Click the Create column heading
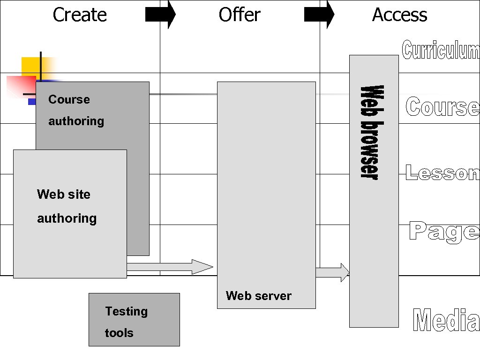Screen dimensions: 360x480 point(80,15)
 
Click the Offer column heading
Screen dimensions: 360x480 point(239,15)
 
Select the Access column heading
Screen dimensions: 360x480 point(399,15)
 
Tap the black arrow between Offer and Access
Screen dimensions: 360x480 point(319,15)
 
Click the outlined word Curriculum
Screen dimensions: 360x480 point(441,50)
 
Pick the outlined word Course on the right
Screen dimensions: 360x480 point(442,107)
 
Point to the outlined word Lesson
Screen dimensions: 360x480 point(442,173)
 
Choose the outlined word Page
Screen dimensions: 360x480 point(444,232)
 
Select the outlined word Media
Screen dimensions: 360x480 point(446,321)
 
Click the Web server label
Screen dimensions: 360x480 point(258,296)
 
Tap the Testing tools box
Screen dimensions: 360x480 point(134,320)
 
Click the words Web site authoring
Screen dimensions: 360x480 point(66,206)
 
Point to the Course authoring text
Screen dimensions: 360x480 point(76,110)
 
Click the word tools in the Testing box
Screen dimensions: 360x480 point(119,333)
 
